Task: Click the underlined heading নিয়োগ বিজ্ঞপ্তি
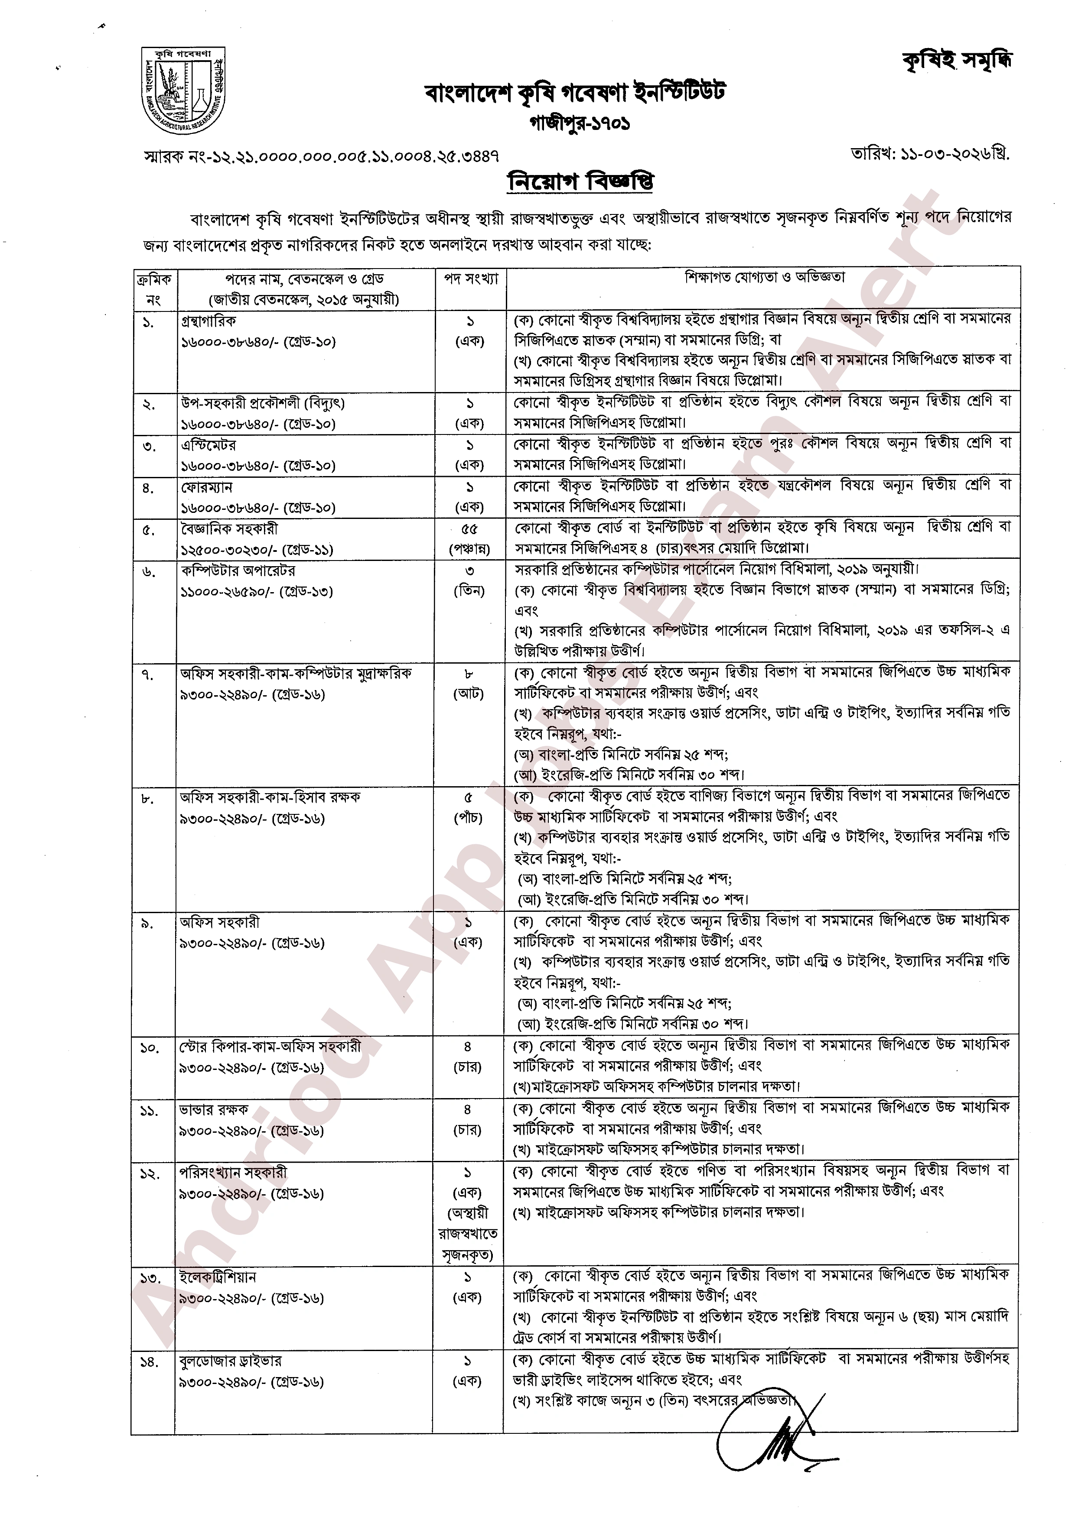click(580, 181)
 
